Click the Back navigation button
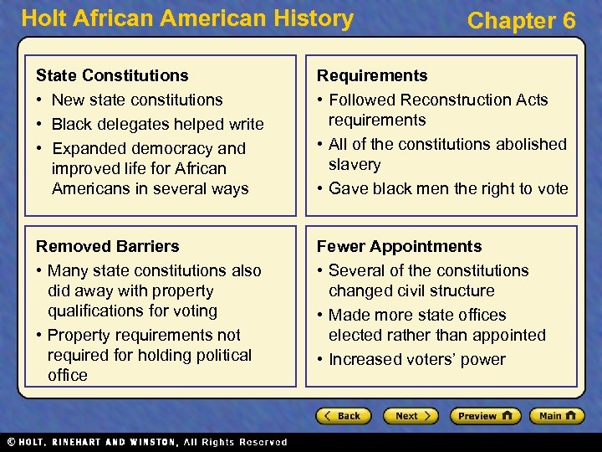tap(344, 416)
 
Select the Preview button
tap(485, 416)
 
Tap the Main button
tap(558, 416)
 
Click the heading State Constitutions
tap(112, 76)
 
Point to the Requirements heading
tap(371, 76)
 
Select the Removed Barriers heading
tap(107, 246)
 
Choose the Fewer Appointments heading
tap(398, 246)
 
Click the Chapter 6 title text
tap(521, 21)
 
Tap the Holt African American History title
tap(187, 18)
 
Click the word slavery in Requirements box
tap(355, 165)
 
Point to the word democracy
tap(161, 148)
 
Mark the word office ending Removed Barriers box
tap(68, 375)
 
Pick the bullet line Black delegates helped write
tap(157, 124)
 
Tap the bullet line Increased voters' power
tap(416, 359)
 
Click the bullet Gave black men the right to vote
tap(448, 188)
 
